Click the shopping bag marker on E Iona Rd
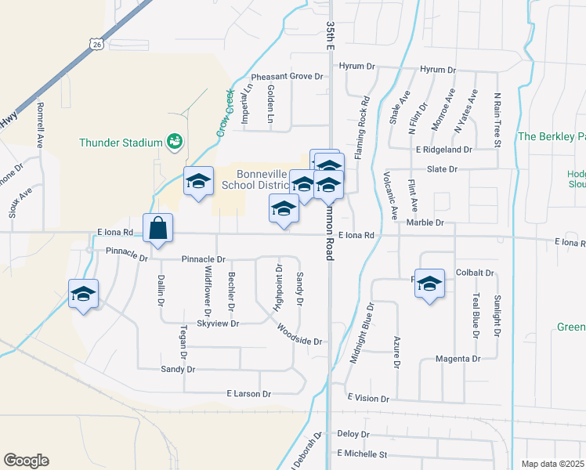click(x=157, y=229)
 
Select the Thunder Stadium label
click(x=120, y=143)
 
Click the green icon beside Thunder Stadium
click(x=174, y=142)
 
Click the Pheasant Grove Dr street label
click(x=287, y=77)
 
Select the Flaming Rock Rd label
click(x=365, y=128)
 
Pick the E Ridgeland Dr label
click(x=444, y=149)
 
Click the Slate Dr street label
click(x=442, y=169)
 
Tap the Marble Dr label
click(x=426, y=223)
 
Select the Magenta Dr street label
click(x=459, y=359)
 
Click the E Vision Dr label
click(x=367, y=399)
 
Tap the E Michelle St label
click(x=362, y=454)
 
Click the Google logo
click(x=26, y=461)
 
